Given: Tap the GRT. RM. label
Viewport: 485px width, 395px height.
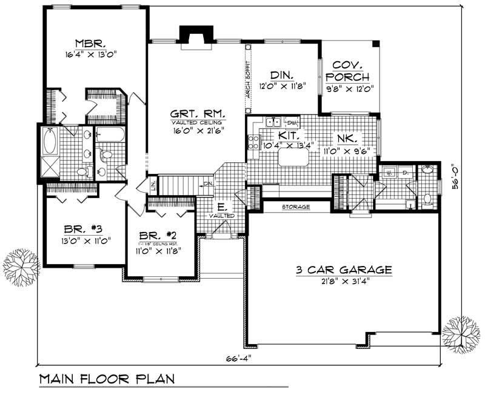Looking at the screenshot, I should coord(190,114).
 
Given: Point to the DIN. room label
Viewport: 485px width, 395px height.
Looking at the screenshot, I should coord(282,75).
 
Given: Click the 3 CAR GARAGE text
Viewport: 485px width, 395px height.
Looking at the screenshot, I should coord(344,270).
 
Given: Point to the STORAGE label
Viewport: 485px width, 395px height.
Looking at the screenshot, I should coord(296,207).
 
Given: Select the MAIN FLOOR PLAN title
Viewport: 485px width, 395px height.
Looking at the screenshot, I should coord(107,379).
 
